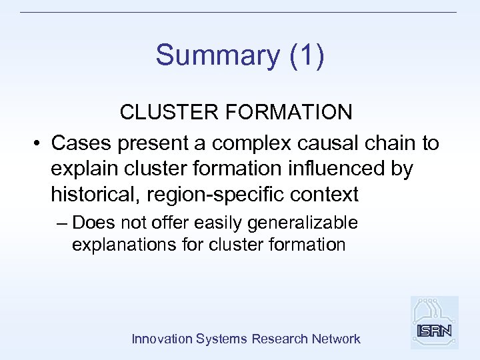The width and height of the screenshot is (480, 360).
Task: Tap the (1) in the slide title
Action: (308, 56)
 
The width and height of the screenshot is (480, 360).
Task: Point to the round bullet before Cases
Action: (37, 144)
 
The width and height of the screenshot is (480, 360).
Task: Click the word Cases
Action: (79, 143)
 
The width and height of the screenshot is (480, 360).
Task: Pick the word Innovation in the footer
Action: (162, 339)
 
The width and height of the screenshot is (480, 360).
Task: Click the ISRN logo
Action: (434, 323)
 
